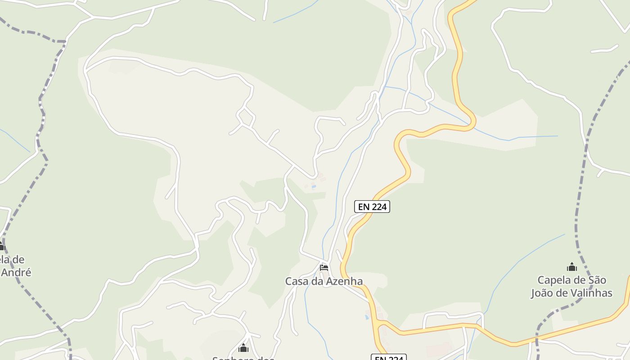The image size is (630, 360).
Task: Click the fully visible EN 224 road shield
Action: click(372, 207)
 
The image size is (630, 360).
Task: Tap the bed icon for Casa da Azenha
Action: click(324, 268)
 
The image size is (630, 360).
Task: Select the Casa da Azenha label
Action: click(324, 281)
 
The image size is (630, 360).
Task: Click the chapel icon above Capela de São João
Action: click(571, 267)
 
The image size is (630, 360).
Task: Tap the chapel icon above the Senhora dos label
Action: click(243, 347)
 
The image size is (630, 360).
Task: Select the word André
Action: click(16, 272)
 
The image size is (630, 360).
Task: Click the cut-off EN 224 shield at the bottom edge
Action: click(388, 357)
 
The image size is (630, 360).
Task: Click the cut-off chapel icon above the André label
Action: click(1, 246)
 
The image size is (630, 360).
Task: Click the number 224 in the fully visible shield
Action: click(379, 207)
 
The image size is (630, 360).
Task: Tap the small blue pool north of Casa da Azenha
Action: click(314, 186)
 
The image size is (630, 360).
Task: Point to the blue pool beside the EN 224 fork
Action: click(367, 317)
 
